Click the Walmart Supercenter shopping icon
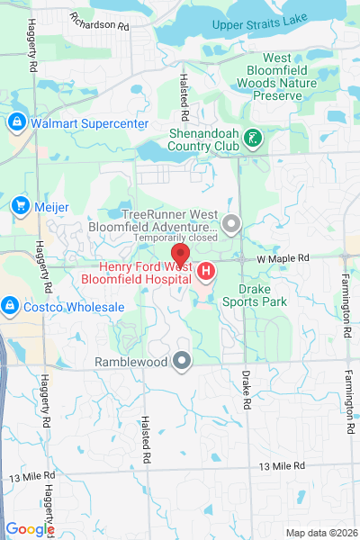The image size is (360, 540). pyautogui.click(x=17, y=121)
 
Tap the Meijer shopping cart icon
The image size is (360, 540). pyautogui.click(x=19, y=206)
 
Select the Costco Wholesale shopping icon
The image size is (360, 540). pyautogui.click(x=10, y=307)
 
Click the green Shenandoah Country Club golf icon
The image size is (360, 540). pyautogui.click(x=255, y=139)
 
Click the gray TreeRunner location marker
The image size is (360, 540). pyautogui.click(x=232, y=222)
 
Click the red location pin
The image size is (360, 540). pyautogui.click(x=180, y=255)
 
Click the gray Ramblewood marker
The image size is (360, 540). pyautogui.click(x=183, y=362)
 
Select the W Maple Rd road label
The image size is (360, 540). pyautogui.click(x=282, y=258)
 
